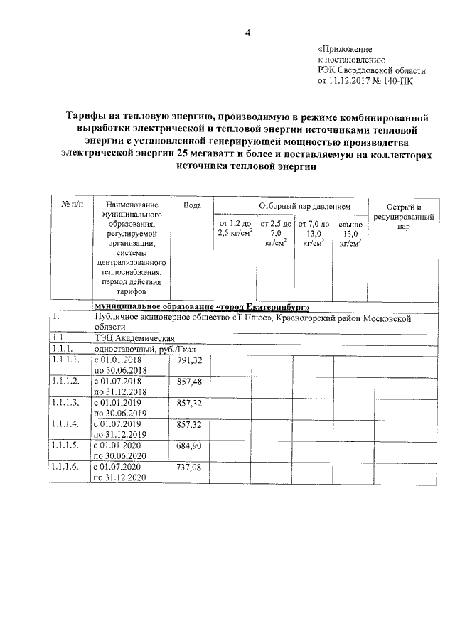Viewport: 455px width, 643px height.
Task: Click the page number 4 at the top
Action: [249, 31]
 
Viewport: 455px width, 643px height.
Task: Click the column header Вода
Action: [192, 205]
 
